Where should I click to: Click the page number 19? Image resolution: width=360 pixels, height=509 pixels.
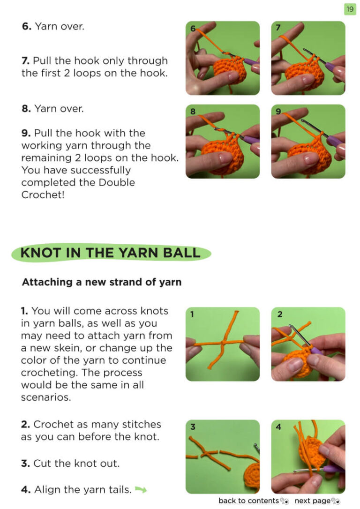tap(350, 9)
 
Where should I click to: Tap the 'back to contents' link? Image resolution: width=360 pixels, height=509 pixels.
tap(248, 501)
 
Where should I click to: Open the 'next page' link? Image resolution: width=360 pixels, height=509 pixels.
tap(312, 501)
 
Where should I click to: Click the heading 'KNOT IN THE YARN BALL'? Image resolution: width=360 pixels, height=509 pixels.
tap(110, 253)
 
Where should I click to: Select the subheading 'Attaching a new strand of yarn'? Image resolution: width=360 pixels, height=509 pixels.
tap(102, 282)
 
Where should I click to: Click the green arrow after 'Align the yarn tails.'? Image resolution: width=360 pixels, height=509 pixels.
tap(141, 489)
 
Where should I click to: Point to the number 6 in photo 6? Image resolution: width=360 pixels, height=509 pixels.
tap(193, 29)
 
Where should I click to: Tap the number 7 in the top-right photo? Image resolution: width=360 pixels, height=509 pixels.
tap(278, 28)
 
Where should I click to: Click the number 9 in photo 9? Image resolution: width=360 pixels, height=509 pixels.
tap(278, 112)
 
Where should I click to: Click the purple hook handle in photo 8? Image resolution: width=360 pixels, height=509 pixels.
tap(250, 140)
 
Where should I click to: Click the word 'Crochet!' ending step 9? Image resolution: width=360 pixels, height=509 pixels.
tap(43, 195)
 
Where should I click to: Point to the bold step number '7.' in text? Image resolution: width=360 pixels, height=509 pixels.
tap(26, 61)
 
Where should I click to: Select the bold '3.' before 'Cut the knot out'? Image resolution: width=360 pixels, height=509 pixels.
tap(26, 463)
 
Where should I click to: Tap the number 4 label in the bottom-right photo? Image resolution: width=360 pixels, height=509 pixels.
tap(278, 427)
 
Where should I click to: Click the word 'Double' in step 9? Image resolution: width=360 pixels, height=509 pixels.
tap(117, 182)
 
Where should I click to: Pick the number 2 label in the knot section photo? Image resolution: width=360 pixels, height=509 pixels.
tap(280, 314)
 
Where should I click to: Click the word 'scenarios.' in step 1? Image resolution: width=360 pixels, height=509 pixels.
tap(46, 397)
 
